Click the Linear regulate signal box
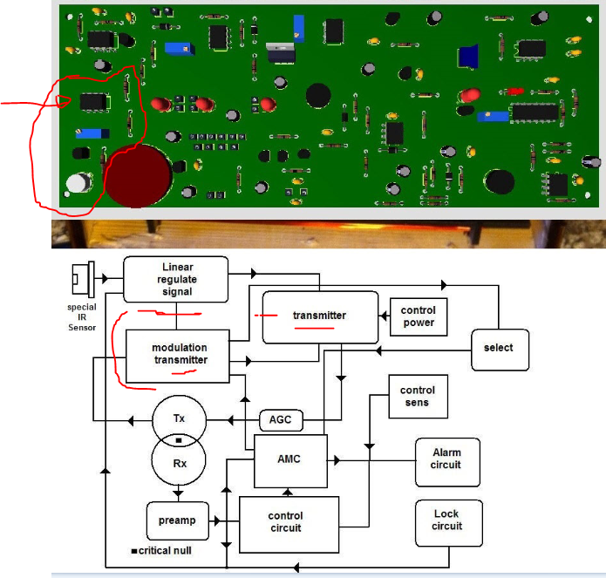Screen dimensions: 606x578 176,279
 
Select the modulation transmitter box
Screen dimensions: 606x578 178,357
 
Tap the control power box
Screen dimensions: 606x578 419,316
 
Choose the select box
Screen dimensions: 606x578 500,350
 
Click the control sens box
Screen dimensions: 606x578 419,397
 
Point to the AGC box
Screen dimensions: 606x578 281,420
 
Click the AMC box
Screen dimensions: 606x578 290,461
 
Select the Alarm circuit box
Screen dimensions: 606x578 447,462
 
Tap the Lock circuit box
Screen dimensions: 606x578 449,523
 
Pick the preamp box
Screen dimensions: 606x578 178,520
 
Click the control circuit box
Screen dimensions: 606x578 289,524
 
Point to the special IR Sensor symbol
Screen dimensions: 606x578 84,279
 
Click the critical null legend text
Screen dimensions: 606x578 161,551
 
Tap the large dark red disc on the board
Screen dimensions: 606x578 138,176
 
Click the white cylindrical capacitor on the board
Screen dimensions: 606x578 78,183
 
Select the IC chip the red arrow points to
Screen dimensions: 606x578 94,102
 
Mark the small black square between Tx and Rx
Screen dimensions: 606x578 179,440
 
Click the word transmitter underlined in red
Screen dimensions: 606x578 319,316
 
